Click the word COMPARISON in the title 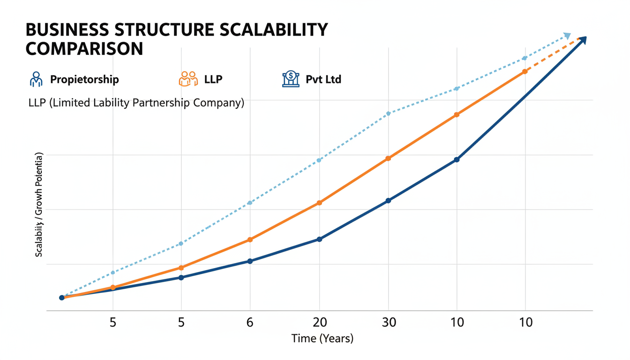[84, 49]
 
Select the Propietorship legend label [84, 79]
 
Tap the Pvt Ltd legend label [323, 79]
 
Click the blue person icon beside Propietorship [36, 79]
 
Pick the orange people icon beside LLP [188, 79]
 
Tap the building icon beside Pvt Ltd [291, 79]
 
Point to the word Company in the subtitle [222, 103]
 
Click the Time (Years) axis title [322, 338]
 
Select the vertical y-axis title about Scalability [39, 204]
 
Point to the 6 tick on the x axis [250, 322]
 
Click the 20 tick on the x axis [319, 322]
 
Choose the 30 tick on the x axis [388, 322]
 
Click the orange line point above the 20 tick [319, 203]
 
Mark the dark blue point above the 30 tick [388, 201]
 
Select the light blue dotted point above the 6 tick [250, 202]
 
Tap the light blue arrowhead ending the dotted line [567, 36]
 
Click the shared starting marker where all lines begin [62, 298]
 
